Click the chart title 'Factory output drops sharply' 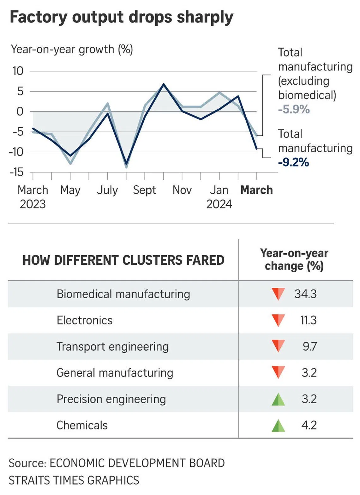click(122, 17)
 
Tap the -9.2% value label click(293, 162)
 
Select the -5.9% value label click(294, 109)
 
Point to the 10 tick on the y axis click(18, 71)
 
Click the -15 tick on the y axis click(17, 172)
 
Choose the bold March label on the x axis click(256, 190)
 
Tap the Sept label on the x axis click(144, 190)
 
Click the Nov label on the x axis click(182, 190)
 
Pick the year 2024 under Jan click(219, 204)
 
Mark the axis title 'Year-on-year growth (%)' click(72, 50)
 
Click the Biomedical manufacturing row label click(123, 294)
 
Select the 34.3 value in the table click(305, 294)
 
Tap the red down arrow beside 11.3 click(278, 320)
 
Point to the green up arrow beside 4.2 click(278, 426)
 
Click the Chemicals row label click(82, 426)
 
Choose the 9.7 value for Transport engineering click(309, 347)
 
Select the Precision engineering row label click(111, 399)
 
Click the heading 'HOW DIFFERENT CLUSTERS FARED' click(123, 260)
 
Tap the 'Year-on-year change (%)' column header click(294, 260)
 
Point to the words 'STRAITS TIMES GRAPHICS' click(74, 480)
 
